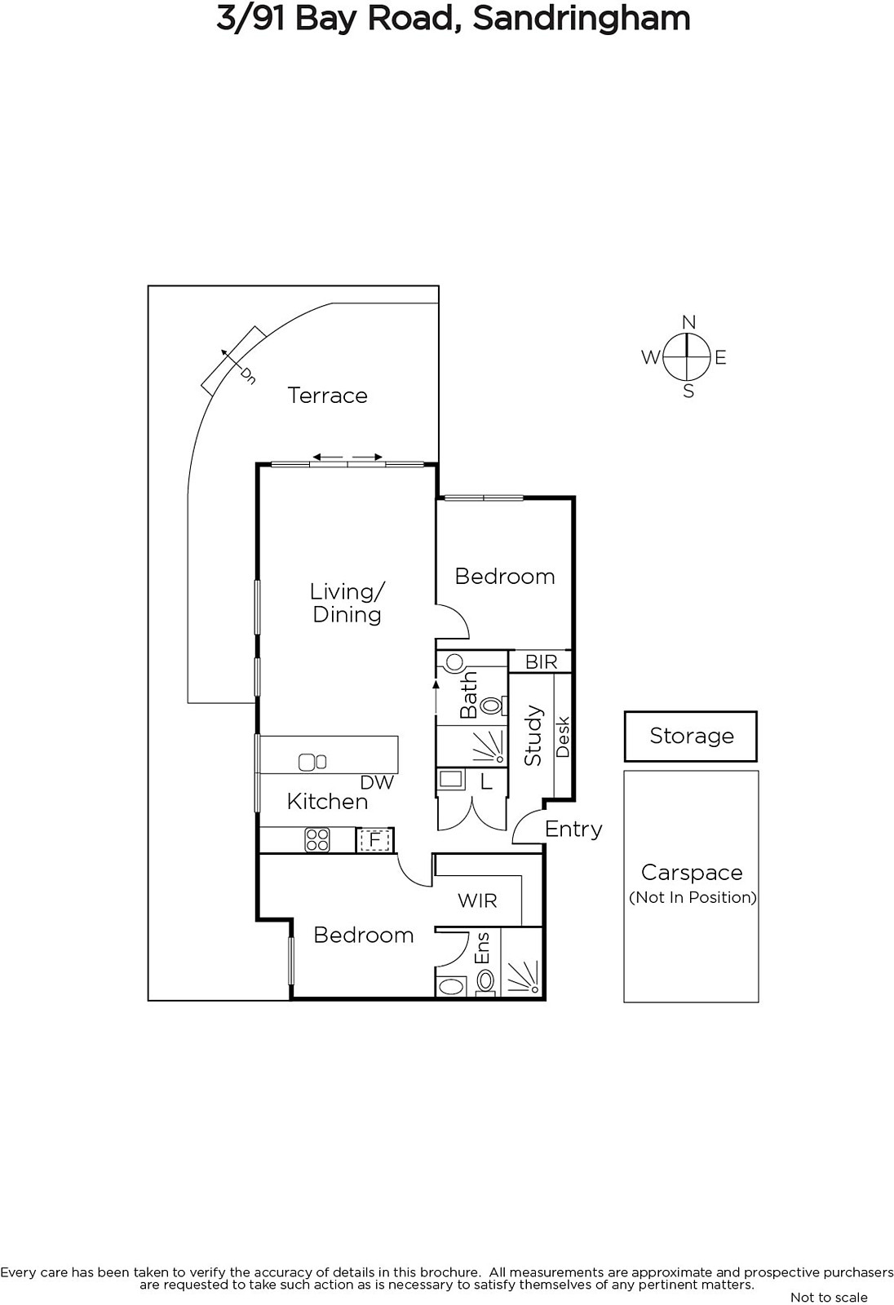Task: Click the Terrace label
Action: point(328,396)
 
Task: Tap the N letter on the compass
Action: point(689,322)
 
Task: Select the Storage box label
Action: point(692,736)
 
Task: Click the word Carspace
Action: point(692,872)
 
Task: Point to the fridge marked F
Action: point(375,839)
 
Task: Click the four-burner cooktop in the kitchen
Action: point(317,840)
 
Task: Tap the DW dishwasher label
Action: point(377,782)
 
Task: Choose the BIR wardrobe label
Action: point(542,661)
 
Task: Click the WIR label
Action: point(477,900)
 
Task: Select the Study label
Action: point(533,735)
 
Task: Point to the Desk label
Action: point(562,737)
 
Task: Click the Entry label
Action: point(573,829)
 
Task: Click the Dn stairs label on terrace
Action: point(249,376)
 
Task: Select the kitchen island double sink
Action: point(312,762)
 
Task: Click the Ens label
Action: point(483,949)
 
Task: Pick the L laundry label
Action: point(486,782)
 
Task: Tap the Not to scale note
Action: point(830,1297)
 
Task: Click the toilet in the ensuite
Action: point(485,980)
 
